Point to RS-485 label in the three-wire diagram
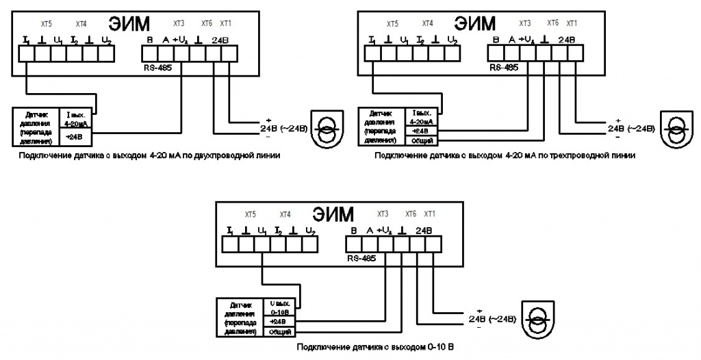click(x=505, y=69)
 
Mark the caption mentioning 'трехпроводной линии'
click(x=505, y=156)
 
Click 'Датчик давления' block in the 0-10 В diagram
click(x=240, y=318)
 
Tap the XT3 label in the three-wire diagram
click(x=526, y=23)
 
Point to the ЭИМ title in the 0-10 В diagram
click(x=333, y=214)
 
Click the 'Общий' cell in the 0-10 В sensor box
click(x=279, y=331)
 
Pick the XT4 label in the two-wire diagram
click(x=81, y=23)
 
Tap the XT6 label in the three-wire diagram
click(x=553, y=23)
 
